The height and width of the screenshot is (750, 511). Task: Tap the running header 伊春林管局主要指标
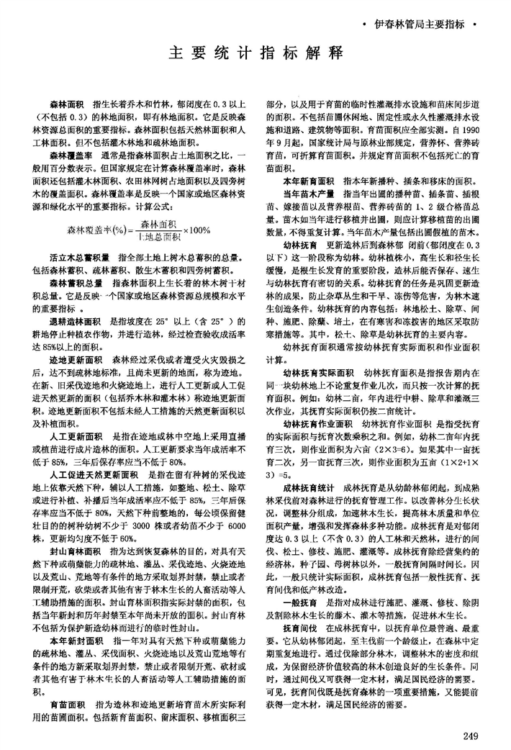tap(420, 24)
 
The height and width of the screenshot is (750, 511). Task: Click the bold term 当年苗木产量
tap(309, 194)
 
